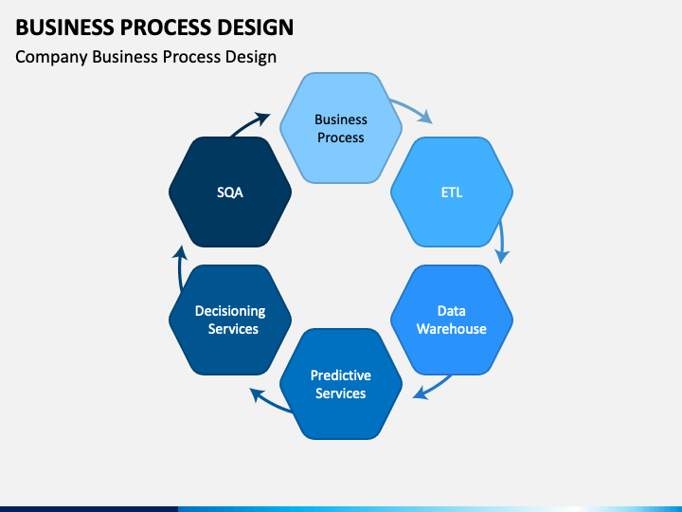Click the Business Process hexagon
(341, 128)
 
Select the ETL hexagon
(452, 192)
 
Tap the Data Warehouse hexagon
(452, 320)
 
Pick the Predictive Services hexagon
(341, 384)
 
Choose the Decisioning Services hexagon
(230, 320)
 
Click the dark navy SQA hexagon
(230, 192)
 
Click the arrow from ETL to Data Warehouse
(502, 242)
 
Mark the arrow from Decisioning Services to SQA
(180, 267)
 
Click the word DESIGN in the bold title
(256, 27)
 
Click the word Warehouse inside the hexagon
(452, 329)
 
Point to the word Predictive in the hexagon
(341, 375)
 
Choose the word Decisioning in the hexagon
(230, 311)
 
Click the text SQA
(230, 192)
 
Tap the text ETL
(452, 192)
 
